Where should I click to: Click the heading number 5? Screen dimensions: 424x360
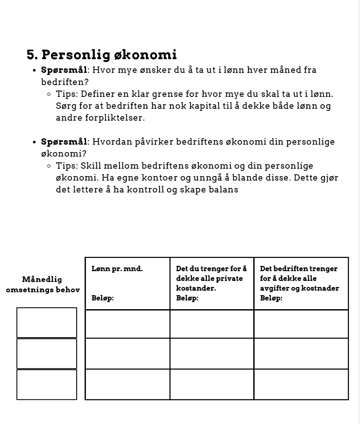point(32,55)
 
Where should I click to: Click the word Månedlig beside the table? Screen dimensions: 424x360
point(42,279)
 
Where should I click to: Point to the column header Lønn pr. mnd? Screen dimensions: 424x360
point(117,269)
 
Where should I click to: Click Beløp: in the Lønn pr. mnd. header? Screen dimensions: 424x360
point(102,298)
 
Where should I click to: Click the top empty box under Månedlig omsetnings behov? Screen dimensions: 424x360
point(47,322)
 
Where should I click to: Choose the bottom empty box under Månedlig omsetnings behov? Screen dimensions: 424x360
point(47,385)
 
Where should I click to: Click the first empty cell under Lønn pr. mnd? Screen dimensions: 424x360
point(127,324)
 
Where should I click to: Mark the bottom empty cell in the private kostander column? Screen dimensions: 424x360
point(212,384)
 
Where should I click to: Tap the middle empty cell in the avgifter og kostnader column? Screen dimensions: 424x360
point(301,353)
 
